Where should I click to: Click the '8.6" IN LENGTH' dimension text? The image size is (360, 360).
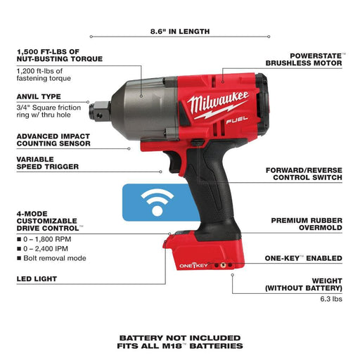click(x=180, y=32)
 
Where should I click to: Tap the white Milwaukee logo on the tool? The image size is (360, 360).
click(x=217, y=103)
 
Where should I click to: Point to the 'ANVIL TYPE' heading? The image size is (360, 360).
click(x=40, y=97)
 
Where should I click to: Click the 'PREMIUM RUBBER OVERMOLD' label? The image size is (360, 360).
click(x=307, y=224)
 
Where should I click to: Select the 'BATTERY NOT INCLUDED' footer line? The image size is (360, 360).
click(x=180, y=337)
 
